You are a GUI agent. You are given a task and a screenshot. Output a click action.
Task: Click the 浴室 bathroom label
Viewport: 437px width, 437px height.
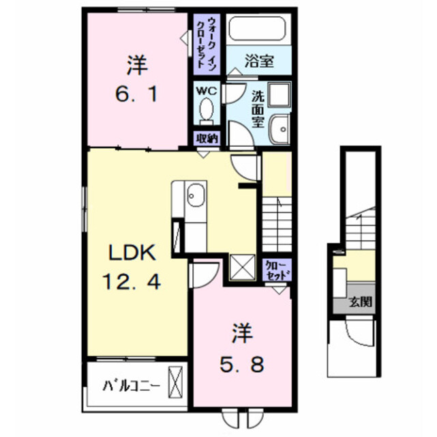[x=259, y=61]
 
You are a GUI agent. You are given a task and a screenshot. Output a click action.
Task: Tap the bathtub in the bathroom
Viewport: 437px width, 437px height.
[x=257, y=29]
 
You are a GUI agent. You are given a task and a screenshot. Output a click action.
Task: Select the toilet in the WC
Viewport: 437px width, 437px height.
[x=207, y=111]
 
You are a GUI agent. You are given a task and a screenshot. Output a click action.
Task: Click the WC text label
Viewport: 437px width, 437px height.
[x=207, y=91]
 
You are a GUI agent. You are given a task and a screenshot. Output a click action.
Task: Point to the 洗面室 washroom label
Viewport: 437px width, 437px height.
[x=258, y=110]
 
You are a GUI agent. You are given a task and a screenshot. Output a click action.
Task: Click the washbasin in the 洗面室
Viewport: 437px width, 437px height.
[x=280, y=129]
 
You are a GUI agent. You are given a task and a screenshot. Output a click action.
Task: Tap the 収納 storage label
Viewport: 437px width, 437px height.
[x=207, y=139]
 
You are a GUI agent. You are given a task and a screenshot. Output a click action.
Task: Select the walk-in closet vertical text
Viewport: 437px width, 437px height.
[x=207, y=44]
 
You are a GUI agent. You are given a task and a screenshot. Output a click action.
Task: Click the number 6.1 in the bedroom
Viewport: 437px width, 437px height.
[x=136, y=94]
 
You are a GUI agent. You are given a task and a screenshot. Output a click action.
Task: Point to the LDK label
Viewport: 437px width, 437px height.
[x=132, y=253]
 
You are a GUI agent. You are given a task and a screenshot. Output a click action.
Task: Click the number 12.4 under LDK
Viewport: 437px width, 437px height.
[x=132, y=281]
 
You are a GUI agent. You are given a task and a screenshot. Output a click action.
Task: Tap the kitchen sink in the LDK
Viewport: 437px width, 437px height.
[x=196, y=195]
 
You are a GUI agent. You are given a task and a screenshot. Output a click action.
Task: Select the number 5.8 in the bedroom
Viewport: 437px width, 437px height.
[x=242, y=365]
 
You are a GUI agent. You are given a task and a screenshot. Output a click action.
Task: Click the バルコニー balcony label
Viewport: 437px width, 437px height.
[x=132, y=386]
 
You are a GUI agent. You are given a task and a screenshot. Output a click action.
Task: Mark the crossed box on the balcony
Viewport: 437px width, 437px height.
[x=175, y=382]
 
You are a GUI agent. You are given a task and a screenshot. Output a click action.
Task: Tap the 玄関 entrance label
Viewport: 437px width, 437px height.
[x=361, y=301]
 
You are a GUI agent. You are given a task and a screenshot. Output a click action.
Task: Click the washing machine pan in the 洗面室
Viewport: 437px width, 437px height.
[x=279, y=94]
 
